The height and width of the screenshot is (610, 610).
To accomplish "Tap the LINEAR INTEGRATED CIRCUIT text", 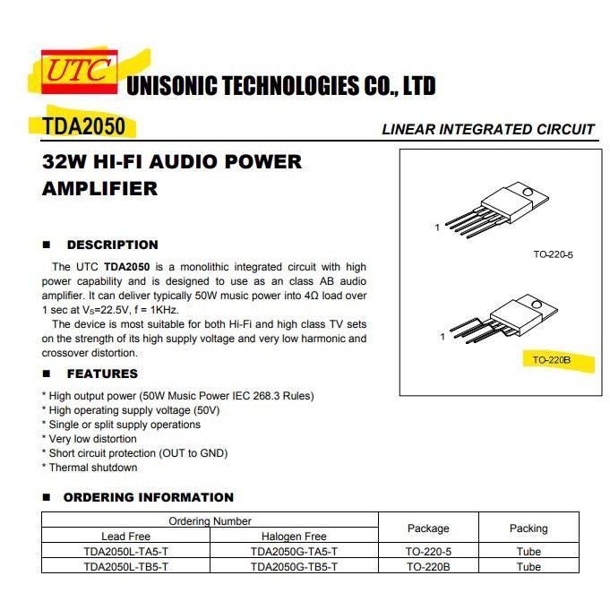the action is click(x=488, y=129).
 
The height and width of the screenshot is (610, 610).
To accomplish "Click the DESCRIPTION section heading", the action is click(x=112, y=245).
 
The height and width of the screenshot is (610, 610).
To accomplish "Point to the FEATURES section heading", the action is click(x=102, y=374).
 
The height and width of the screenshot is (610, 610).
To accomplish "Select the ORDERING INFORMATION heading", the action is click(x=148, y=497).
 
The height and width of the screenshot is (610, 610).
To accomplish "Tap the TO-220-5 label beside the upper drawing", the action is click(x=553, y=255).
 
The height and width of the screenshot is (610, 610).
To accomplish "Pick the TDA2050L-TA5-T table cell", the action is click(x=125, y=552).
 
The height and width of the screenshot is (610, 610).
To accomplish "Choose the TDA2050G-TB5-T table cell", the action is click(x=294, y=567).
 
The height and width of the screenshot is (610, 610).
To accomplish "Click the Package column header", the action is click(x=428, y=528).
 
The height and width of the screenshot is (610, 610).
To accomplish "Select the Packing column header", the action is click(x=528, y=528).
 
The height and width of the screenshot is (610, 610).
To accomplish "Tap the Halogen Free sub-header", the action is click(x=294, y=537).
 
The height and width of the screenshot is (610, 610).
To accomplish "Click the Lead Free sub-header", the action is click(x=125, y=537).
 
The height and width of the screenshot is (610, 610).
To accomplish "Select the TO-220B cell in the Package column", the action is click(x=428, y=567).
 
